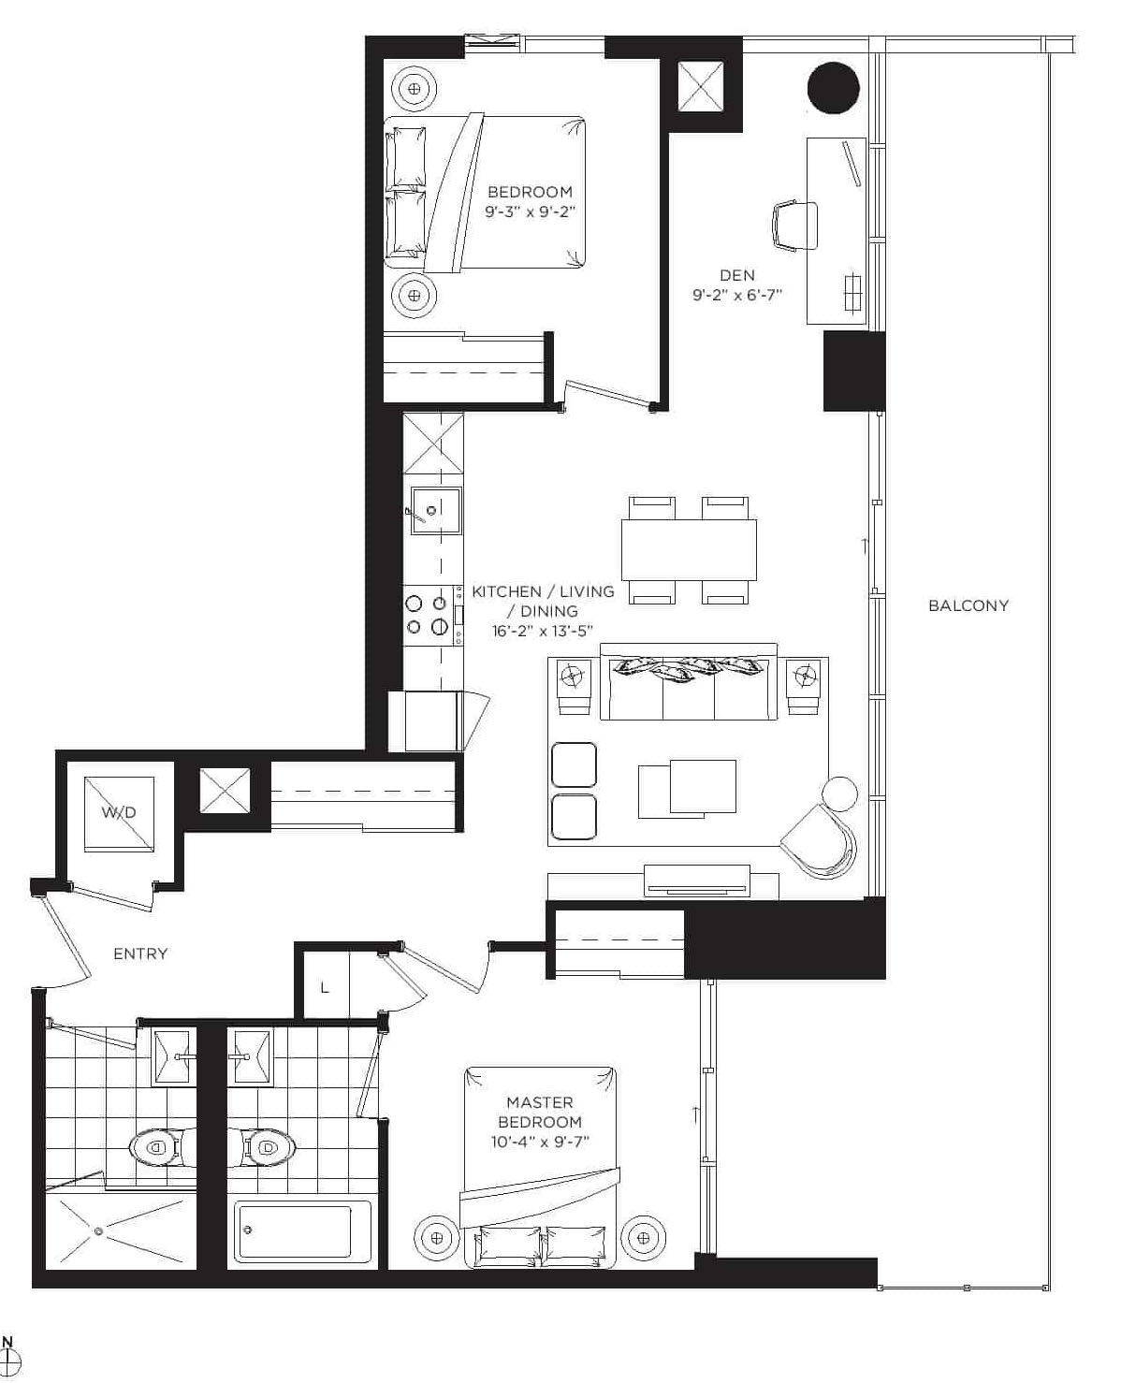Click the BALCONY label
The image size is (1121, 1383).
968,605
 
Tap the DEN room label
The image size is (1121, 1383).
737,275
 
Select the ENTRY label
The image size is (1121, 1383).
141,954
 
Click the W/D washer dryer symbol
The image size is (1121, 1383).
120,814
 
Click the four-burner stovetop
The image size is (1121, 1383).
427,615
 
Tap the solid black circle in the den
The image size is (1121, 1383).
834,88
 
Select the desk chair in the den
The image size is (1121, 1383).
794,226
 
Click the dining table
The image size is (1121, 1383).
689,549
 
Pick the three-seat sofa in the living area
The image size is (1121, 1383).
689,682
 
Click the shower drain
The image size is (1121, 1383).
98,1231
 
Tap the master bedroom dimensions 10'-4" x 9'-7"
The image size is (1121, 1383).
540,1142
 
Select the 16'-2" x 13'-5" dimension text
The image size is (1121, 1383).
543,631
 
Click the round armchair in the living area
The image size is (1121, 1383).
819,841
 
